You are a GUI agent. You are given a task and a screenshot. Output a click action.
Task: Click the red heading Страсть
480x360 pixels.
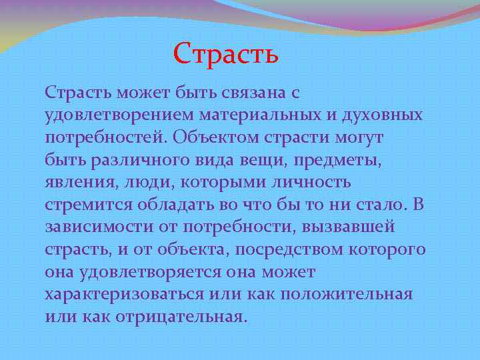225,53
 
